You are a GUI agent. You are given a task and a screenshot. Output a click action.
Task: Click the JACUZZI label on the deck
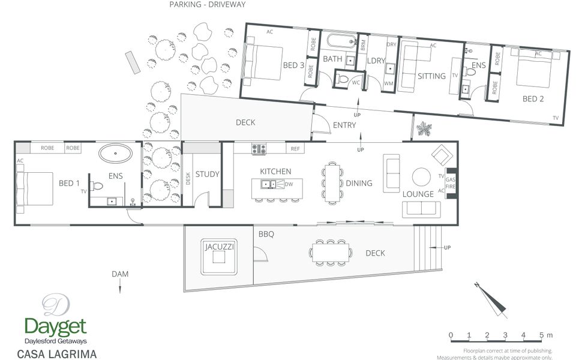click(220, 247)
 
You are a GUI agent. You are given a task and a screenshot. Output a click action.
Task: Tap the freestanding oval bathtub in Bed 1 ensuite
click(115, 153)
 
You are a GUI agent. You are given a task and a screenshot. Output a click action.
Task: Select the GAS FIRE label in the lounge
click(451, 183)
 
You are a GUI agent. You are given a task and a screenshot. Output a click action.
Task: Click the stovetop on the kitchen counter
click(259, 149)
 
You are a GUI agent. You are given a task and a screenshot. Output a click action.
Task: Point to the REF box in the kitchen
click(295, 148)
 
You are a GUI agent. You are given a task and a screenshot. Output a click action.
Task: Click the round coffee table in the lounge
click(421, 177)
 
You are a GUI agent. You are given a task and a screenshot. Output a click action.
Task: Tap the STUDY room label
click(207, 174)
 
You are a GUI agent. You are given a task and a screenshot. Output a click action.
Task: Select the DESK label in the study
click(188, 179)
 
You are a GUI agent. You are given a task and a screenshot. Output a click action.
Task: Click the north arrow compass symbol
click(491, 299)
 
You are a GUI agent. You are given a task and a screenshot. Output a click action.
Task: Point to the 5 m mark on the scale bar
click(541, 335)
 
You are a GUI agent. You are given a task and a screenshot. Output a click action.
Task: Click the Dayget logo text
click(55, 327)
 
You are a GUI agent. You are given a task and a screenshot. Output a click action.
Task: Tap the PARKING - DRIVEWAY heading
click(207, 4)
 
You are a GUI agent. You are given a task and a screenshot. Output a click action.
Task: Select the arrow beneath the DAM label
click(120, 286)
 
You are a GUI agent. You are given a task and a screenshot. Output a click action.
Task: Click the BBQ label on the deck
click(266, 234)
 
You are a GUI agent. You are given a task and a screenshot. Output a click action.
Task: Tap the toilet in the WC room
click(342, 79)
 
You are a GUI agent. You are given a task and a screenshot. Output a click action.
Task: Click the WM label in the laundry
click(388, 83)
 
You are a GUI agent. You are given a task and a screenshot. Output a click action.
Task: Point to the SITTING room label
click(431, 76)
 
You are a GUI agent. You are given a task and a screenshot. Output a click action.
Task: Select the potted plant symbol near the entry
click(424, 129)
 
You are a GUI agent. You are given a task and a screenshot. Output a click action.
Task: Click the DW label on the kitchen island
click(289, 184)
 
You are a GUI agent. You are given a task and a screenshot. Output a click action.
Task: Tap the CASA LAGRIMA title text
click(57, 354)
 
